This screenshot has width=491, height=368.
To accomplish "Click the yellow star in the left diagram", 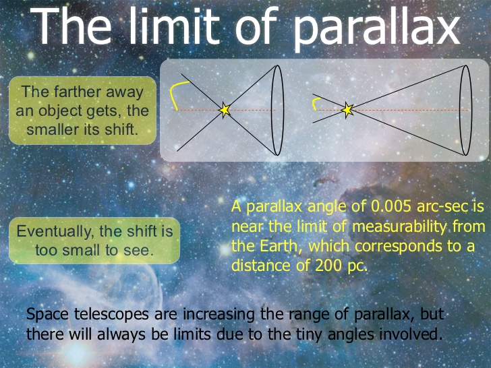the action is [225, 110].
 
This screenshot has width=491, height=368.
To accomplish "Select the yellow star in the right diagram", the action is [347, 110].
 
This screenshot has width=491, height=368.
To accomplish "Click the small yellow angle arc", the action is [314, 102].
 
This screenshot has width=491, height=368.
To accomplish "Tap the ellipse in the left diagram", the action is [277, 110].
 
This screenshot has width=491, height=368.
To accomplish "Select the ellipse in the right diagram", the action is [465, 110].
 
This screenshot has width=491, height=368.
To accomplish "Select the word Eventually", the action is [56, 232].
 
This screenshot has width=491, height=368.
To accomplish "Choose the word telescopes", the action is [111, 314].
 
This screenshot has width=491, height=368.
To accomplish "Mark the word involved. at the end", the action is [411, 334].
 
